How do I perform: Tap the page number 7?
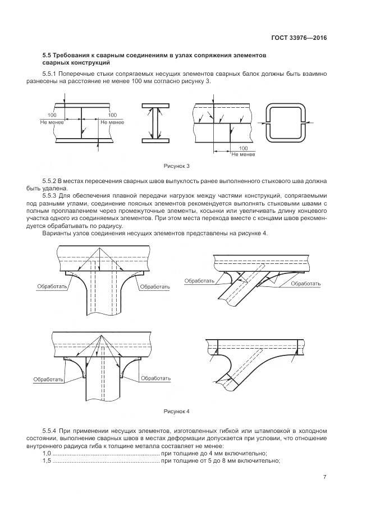pos(324,477)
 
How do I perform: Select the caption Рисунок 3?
pos(177,166)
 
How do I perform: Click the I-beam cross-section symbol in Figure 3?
pos(155,123)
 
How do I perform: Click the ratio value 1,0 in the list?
pos(47,453)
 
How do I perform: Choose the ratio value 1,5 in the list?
pos(47,461)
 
